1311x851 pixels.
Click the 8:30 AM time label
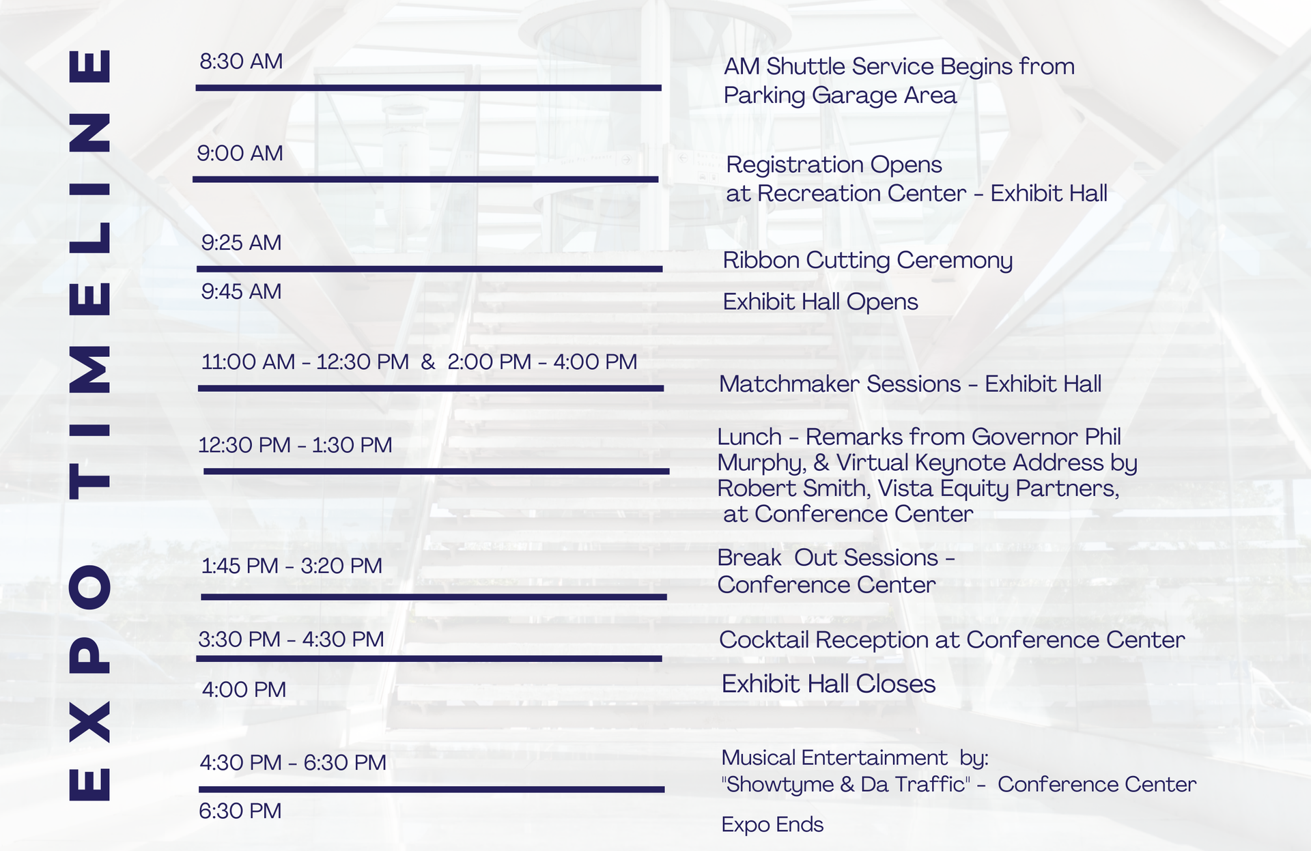point(241,61)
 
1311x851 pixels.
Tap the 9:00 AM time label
point(240,153)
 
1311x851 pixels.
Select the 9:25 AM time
point(241,242)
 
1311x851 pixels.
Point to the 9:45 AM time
point(241,291)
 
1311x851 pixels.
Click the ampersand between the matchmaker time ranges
point(428,362)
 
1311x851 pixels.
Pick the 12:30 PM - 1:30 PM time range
point(295,445)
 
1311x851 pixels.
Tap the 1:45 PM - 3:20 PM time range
point(292,566)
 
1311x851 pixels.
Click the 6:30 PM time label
point(240,811)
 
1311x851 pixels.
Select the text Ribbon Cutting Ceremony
point(867,260)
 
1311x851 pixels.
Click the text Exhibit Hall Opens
point(820,302)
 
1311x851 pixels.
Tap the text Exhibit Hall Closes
point(828,684)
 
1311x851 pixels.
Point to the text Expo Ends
point(772,824)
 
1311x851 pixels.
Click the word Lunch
point(749,437)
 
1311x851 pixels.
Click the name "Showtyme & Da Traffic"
point(845,785)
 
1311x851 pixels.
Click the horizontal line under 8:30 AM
point(428,88)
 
